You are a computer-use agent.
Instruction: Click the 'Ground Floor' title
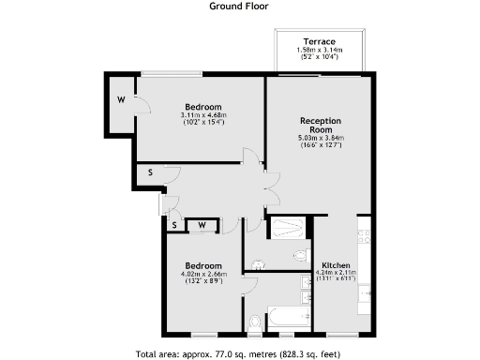(x=239, y=5)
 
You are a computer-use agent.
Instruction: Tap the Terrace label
(x=320, y=41)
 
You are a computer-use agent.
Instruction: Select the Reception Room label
(x=320, y=126)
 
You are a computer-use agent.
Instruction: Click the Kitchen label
(x=336, y=264)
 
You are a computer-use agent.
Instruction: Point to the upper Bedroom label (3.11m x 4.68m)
(x=203, y=106)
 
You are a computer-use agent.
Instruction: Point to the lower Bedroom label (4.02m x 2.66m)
(x=203, y=265)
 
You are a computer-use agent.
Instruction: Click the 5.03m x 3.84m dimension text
(x=320, y=138)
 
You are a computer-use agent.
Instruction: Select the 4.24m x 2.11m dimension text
(x=336, y=274)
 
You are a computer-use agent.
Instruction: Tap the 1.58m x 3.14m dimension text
(x=320, y=50)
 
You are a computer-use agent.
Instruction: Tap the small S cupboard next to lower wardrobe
(x=174, y=225)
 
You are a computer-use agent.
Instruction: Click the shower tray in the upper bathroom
(x=287, y=227)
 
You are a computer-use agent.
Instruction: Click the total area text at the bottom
(x=239, y=353)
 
